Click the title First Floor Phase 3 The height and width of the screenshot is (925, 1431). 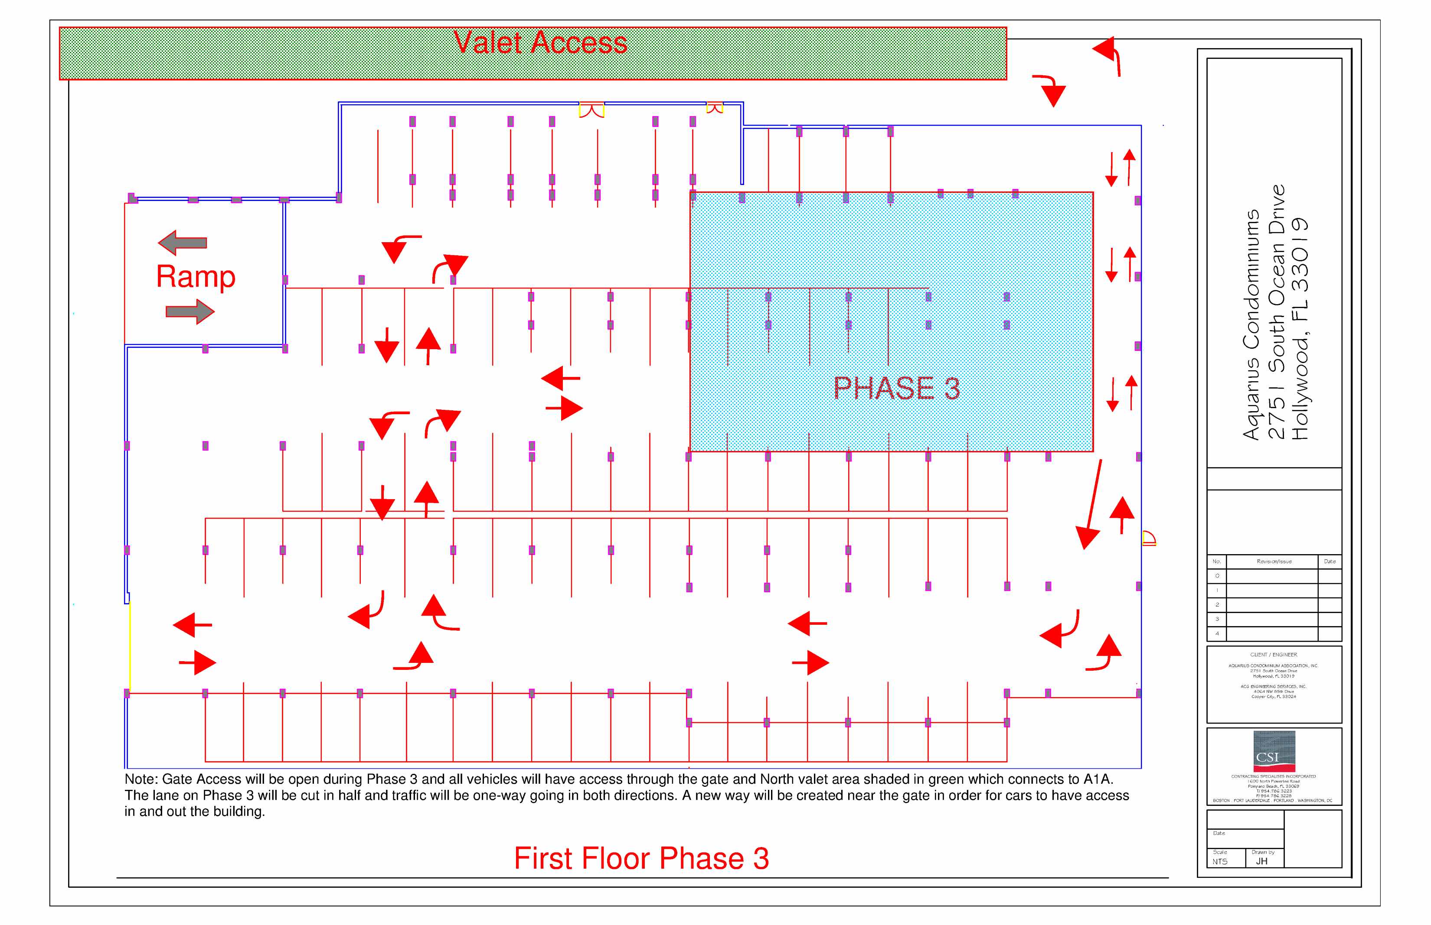click(641, 858)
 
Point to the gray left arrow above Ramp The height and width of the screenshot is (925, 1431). click(183, 243)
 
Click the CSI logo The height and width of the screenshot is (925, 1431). click(1274, 751)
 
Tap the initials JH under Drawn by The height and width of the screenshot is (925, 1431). click(1261, 861)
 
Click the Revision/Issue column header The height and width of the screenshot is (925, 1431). click(1274, 561)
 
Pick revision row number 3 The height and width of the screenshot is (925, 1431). click(1217, 619)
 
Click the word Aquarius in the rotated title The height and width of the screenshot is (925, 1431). click(1251, 396)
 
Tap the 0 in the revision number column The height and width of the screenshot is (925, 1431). click(1217, 575)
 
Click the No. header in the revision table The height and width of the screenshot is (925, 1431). click(1216, 561)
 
